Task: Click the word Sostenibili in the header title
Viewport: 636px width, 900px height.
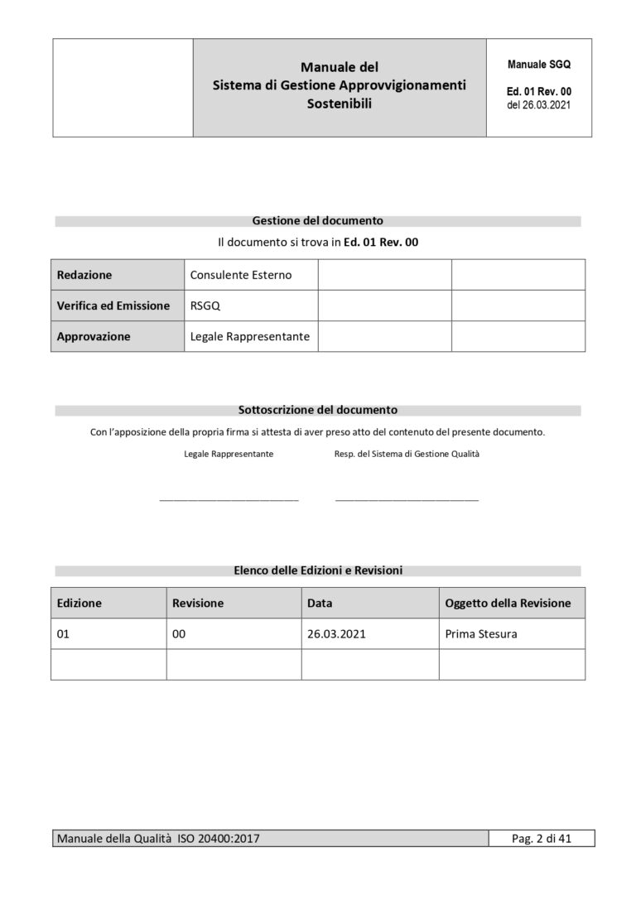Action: pyautogui.click(x=339, y=104)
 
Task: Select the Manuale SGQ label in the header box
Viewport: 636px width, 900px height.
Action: pyautogui.click(x=538, y=64)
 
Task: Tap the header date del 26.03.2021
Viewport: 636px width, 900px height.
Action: pyautogui.click(x=538, y=105)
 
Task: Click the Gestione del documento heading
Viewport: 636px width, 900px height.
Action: pyautogui.click(x=317, y=221)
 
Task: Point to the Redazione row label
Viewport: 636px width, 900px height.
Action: pyautogui.click(x=84, y=275)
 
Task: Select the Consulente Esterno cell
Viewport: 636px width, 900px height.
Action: pyautogui.click(x=241, y=275)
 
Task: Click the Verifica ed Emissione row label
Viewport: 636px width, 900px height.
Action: pyautogui.click(x=113, y=306)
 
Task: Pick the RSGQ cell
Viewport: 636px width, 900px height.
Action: pyautogui.click(x=205, y=306)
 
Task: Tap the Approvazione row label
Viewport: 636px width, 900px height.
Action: pyautogui.click(x=94, y=337)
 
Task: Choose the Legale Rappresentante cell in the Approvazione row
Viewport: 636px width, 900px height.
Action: pyautogui.click(x=249, y=337)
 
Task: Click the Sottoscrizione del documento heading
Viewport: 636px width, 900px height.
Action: pyautogui.click(x=317, y=410)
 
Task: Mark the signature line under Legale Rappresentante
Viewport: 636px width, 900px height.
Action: pyautogui.click(x=229, y=499)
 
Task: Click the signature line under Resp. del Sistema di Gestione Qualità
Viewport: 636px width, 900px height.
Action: pyautogui.click(x=407, y=499)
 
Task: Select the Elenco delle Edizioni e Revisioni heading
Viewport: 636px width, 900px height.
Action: pyautogui.click(x=318, y=570)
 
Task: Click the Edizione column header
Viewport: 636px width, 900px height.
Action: pyautogui.click(x=79, y=603)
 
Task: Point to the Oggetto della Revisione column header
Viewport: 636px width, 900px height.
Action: pyautogui.click(x=508, y=603)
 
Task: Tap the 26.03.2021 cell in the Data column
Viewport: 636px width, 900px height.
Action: pyautogui.click(x=336, y=634)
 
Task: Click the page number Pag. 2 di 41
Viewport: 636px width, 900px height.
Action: pyautogui.click(x=542, y=839)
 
